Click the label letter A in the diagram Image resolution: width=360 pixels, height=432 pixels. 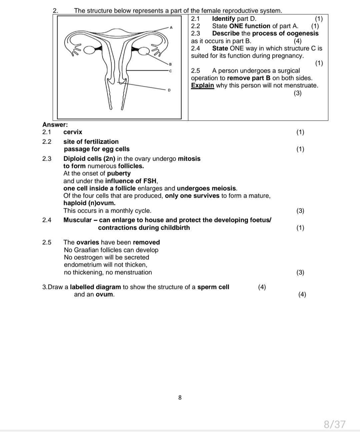(x=171, y=28)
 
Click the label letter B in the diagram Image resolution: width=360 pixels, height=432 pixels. (x=170, y=64)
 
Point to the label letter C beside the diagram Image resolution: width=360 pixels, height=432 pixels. (x=170, y=71)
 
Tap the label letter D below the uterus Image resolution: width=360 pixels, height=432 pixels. (x=169, y=90)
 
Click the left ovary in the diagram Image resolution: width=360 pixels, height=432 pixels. (x=89, y=50)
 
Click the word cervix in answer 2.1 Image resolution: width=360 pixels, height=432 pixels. (x=73, y=132)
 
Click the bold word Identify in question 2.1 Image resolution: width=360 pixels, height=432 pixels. (x=223, y=19)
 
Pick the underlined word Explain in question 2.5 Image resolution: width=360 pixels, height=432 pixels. (x=202, y=85)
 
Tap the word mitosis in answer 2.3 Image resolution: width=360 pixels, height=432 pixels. (x=189, y=159)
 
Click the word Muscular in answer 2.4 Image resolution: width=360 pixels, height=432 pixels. (x=77, y=220)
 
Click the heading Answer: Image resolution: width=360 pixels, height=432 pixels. (x=55, y=125)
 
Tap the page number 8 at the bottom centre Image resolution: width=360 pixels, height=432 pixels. (x=180, y=397)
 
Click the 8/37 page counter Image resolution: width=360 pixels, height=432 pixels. (x=335, y=424)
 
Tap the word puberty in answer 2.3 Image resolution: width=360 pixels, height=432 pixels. (x=119, y=173)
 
